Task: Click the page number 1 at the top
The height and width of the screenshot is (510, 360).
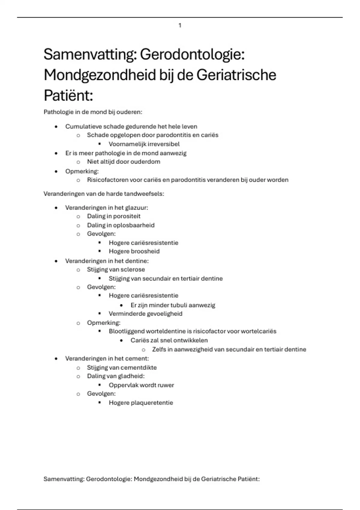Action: click(x=180, y=25)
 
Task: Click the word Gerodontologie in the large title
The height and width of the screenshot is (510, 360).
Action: click(x=192, y=55)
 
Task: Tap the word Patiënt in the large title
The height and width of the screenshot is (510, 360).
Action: click(x=68, y=96)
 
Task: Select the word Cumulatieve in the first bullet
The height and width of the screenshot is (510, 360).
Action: click(x=83, y=126)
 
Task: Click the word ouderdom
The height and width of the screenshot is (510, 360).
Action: click(x=145, y=162)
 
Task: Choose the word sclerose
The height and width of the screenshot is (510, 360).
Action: click(x=133, y=269)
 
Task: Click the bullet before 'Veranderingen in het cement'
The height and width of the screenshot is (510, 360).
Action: click(x=56, y=358)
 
